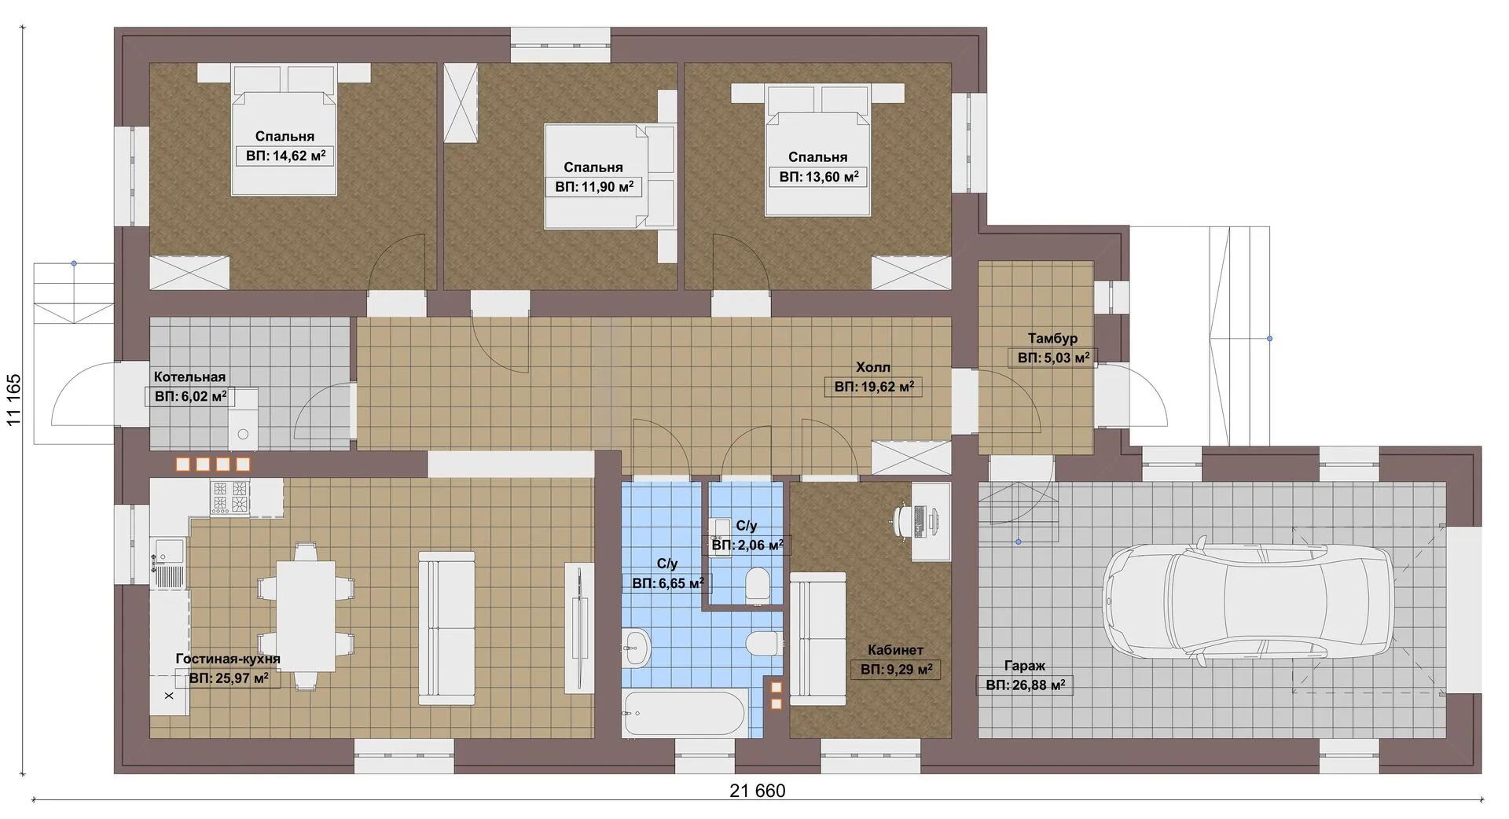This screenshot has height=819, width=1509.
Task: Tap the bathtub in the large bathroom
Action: [685, 713]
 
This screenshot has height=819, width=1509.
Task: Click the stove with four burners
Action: [230, 497]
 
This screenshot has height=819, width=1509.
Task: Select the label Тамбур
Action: [1052, 338]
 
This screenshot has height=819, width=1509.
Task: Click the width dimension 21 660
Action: [757, 791]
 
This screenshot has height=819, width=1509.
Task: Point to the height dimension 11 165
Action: [14, 400]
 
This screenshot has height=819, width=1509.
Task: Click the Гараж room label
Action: [1024, 666]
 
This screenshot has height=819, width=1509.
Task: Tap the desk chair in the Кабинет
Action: [907, 520]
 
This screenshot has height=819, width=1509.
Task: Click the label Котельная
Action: [189, 377]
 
